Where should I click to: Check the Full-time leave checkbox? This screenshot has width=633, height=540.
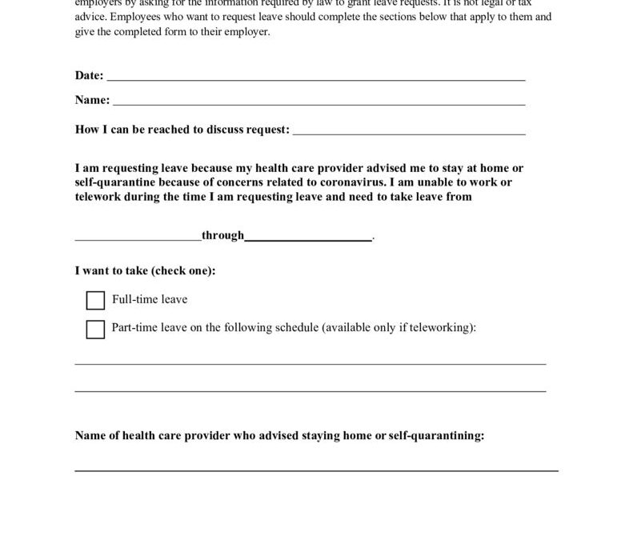tap(95, 300)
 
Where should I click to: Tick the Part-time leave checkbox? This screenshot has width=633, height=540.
tap(95, 329)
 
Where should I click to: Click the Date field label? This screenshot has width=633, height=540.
tap(89, 75)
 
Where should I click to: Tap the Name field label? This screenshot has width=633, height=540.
tap(92, 100)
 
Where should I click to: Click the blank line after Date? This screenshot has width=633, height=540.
tap(315, 79)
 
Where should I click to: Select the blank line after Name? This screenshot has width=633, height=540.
tap(319, 104)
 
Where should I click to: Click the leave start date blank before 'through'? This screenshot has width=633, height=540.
tap(138, 238)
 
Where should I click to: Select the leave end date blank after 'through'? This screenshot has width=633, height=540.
tap(308, 238)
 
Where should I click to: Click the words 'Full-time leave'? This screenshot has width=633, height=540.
tap(150, 300)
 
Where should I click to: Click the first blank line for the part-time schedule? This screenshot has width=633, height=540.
tap(310, 364)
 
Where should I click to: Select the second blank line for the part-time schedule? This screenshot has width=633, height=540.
tap(310, 391)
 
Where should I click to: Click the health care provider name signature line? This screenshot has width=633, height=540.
tap(316, 470)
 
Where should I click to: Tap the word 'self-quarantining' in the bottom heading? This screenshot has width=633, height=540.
tap(439, 436)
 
